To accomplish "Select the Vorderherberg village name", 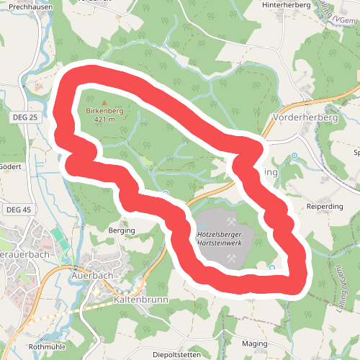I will (x=305, y=117).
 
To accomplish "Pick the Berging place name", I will (x=122, y=230).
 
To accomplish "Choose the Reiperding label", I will (x=325, y=207).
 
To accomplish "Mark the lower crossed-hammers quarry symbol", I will (x=231, y=257).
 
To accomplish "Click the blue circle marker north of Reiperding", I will (x=294, y=156).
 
